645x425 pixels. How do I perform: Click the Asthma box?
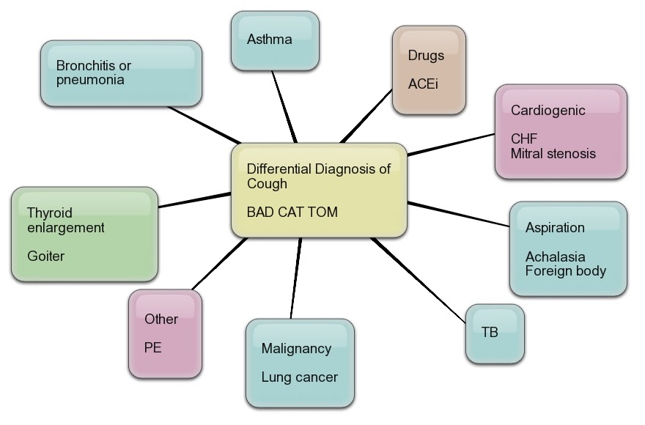click(x=275, y=40)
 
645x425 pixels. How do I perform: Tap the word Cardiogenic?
click(x=548, y=111)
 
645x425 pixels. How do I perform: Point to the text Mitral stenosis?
click(x=553, y=154)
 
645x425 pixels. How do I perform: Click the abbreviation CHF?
click(x=524, y=138)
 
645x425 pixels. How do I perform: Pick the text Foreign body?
click(x=565, y=270)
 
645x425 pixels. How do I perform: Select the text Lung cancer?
click(x=299, y=377)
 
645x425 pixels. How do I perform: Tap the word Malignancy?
click(x=296, y=348)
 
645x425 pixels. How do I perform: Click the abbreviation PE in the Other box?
click(x=152, y=347)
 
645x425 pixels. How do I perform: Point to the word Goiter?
click(x=45, y=256)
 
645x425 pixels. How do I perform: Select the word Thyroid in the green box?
click(x=49, y=212)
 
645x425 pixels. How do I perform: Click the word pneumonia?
click(x=90, y=80)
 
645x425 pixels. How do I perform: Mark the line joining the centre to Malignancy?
click(x=296, y=278)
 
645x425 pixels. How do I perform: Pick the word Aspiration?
click(x=555, y=227)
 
